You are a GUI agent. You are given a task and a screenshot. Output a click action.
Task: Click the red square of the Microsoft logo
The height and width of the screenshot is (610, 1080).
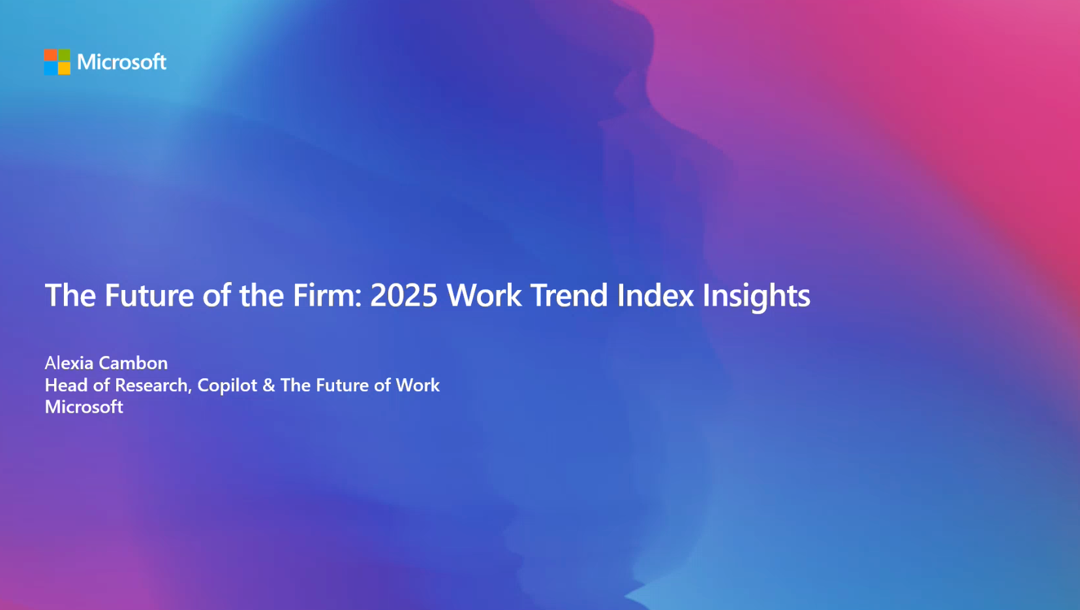pos(50,56)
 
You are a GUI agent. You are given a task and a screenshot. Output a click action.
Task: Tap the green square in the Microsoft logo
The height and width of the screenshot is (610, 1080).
pos(64,56)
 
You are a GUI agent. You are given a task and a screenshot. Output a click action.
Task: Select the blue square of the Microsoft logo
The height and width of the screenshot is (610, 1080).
pos(50,69)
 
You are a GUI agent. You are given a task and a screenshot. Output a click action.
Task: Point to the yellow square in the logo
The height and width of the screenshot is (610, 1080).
pos(64,69)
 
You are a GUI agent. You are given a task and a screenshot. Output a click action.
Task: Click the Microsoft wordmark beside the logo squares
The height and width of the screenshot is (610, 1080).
pos(121,62)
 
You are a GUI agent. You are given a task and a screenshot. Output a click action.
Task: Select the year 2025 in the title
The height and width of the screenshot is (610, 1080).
pos(403,295)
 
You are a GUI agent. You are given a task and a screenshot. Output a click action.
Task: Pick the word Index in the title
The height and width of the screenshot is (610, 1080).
pos(655,295)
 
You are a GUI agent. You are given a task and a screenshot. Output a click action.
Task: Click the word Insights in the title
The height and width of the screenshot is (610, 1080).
pos(756,295)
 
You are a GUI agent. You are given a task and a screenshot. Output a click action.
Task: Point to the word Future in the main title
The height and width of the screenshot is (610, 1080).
pos(149,295)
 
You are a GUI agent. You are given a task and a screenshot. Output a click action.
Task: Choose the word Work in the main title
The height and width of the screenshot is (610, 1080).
pos(484,295)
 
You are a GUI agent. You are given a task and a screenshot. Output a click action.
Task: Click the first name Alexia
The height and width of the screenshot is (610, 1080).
pos(69,363)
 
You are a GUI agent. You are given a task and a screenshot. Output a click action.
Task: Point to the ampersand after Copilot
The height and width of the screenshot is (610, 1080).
pos(269,385)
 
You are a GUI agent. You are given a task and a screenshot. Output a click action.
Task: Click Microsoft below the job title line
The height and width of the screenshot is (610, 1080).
pos(84,407)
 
